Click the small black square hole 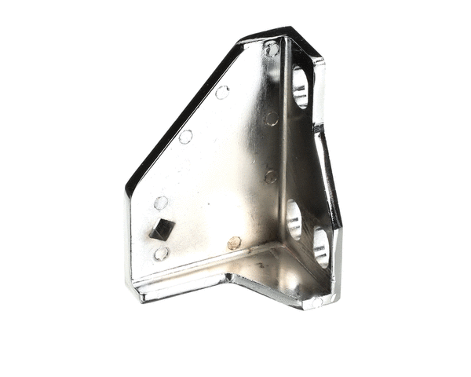pos(162,229)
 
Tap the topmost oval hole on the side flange pos(300,87)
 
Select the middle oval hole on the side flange pos(294,219)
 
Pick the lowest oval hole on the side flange pos(320,247)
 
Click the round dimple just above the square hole pos(161,203)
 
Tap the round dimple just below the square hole pos(161,254)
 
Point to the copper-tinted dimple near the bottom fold pos(234,243)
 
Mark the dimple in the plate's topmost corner pos(272,49)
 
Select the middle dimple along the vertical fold pos(272,119)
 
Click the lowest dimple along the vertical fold pos(270,177)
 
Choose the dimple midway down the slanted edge pos(186,137)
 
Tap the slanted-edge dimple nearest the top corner pos(222,93)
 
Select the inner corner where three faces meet pos(280,245)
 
